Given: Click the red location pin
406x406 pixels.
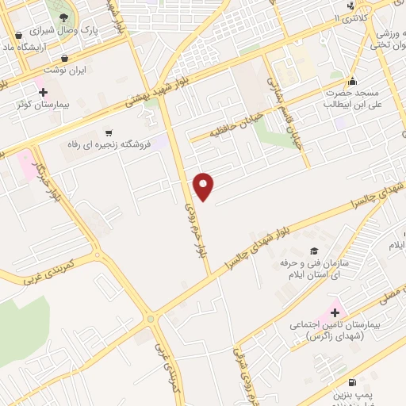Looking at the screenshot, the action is [x=205, y=186].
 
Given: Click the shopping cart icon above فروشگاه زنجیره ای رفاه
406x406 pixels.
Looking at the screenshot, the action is [x=109, y=132].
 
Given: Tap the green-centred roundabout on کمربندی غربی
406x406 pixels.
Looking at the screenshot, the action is [x=151, y=320].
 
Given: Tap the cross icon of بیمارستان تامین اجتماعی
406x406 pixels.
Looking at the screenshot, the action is [x=334, y=312].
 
